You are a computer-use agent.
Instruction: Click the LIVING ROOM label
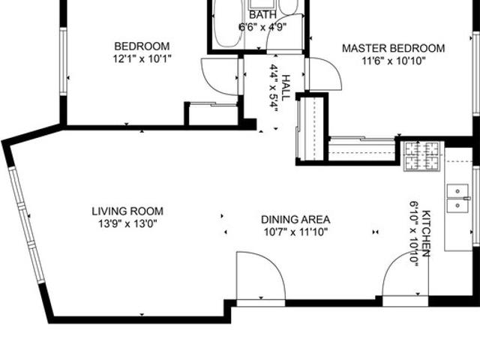[127, 211]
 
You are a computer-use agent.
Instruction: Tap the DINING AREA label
[295, 220]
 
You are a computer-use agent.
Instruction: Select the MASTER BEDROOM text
[393, 48]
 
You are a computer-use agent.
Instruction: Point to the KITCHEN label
[427, 233]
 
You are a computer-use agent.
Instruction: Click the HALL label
[285, 88]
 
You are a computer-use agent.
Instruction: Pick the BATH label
[262, 15]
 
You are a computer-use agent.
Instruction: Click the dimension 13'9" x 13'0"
[127, 224]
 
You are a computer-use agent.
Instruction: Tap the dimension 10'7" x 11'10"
[295, 232]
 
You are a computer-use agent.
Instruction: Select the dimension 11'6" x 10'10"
[394, 61]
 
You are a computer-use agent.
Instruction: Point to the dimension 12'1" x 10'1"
[142, 58]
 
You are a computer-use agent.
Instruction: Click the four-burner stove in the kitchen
[423, 156]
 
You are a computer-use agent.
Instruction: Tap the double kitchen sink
[457, 198]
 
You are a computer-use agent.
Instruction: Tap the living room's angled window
[27, 224]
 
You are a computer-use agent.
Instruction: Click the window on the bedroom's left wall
[63, 61]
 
